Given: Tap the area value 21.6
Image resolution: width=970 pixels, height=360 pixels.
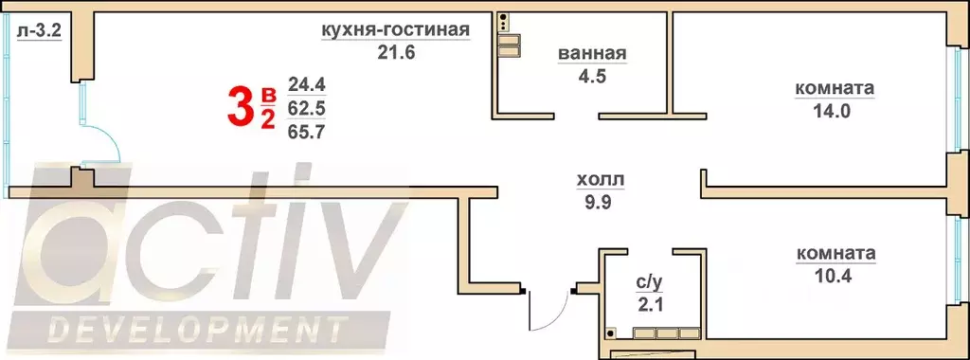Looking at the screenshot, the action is tap(396, 52).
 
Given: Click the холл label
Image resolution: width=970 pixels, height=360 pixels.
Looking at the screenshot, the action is tap(601, 179).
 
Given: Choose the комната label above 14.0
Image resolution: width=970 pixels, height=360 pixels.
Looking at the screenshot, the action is tap(834, 89).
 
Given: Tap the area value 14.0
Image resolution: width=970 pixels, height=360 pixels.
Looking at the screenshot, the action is tap(834, 110).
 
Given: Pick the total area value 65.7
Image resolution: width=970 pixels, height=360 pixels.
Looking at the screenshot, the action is tap(306, 133).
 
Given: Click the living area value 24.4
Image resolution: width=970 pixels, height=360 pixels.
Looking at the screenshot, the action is tap(306, 85).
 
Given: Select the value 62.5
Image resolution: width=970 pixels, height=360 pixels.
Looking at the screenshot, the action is tap(306, 109).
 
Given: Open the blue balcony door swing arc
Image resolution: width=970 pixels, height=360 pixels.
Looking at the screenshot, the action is tap(102, 141).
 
